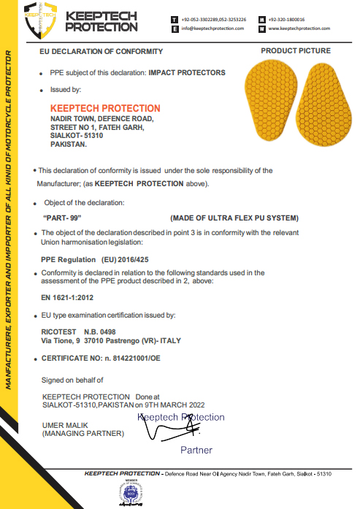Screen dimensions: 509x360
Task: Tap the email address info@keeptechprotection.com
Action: [212, 28]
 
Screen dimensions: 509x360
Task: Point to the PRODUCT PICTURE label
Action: [295, 51]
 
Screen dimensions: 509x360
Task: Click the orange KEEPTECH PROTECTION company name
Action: [104, 108]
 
